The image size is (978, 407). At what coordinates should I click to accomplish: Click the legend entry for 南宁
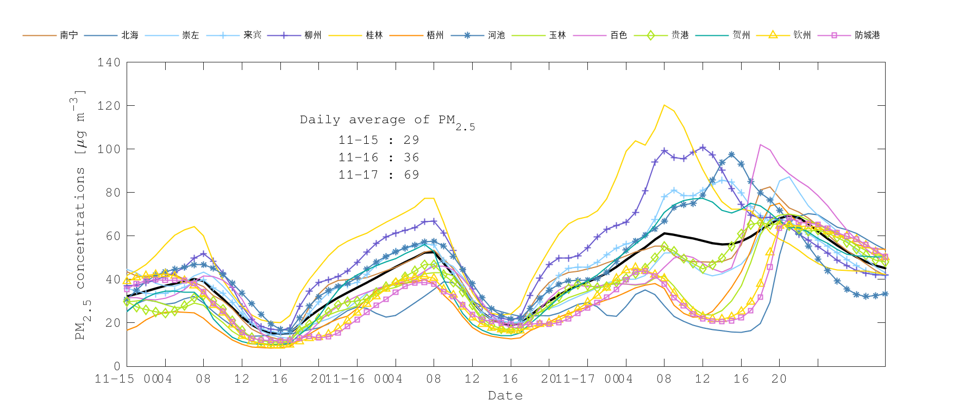pyautogui.click(x=68, y=35)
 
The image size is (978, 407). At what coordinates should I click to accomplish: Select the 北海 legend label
pyautogui.click(x=129, y=35)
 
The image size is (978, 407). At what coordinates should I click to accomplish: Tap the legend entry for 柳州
pyautogui.click(x=312, y=35)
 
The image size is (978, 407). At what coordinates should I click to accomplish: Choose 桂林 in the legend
pyautogui.click(x=374, y=35)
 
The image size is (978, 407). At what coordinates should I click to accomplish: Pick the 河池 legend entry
pyautogui.click(x=496, y=35)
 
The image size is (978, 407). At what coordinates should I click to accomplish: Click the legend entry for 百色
pyautogui.click(x=618, y=35)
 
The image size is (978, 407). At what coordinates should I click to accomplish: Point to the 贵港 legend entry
pyautogui.click(x=680, y=35)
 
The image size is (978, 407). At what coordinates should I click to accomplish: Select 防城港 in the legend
pyautogui.click(x=867, y=35)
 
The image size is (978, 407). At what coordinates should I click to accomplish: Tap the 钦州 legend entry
pyautogui.click(x=802, y=35)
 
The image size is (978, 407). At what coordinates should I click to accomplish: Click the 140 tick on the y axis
pyautogui.click(x=109, y=62)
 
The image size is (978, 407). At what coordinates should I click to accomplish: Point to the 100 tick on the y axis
pyautogui.click(x=109, y=149)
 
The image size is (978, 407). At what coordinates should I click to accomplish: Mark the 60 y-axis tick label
pyautogui.click(x=112, y=236)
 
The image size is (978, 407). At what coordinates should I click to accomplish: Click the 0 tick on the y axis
pyautogui.click(x=117, y=366)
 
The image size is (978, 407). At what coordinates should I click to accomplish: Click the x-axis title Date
pyautogui.click(x=505, y=396)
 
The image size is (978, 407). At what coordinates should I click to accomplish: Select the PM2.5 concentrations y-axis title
pyautogui.click(x=80, y=214)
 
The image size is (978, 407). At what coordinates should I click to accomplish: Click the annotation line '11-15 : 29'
pyautogui.click(x=379, y=140)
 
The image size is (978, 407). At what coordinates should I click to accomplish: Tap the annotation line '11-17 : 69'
pyautogui.click(x=379, y=175)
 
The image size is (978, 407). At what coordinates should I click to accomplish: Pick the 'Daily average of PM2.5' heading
pyautogui.click(x=387, y=120)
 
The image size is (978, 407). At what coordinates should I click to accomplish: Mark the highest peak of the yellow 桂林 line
pyautogui.click(x=664, y=105)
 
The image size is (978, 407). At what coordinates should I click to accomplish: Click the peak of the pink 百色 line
pyautogui.click(x=761, y=145)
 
